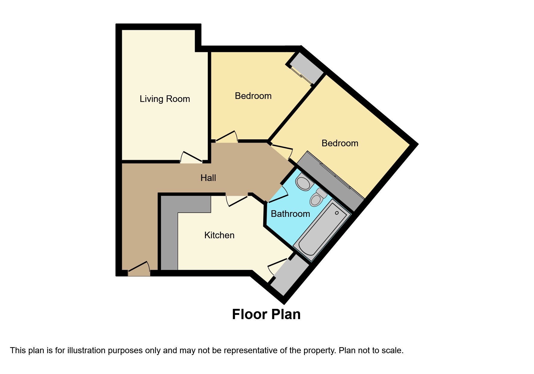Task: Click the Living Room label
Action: (165, 99)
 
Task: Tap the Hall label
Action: (208, 178)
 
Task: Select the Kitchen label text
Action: (219, 235)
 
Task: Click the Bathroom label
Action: (290, 214)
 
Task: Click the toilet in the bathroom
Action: (317, 198)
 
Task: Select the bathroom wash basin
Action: (303, 183)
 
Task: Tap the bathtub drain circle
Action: (337, 213)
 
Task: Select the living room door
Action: (191, 157)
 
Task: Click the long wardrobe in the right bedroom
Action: (330, 181)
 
